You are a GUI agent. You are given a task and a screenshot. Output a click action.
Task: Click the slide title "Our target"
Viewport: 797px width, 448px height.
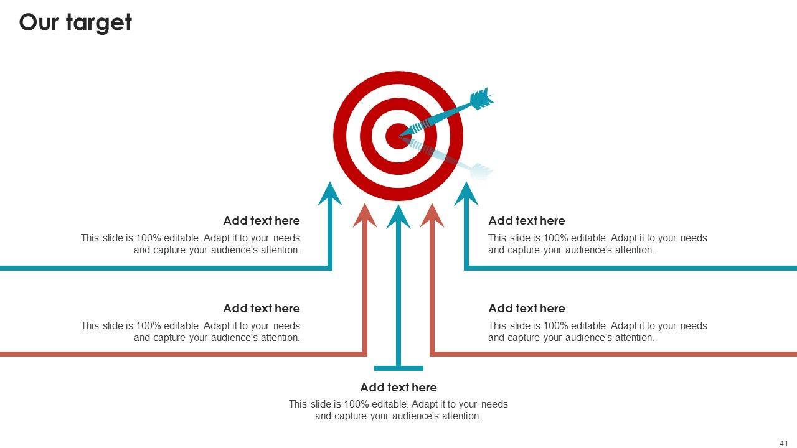click(x=75, y=22)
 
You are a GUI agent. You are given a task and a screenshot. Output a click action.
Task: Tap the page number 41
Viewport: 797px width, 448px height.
click(x=784, y=443)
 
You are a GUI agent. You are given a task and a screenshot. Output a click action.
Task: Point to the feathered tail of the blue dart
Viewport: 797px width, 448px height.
click(x=481, y=99)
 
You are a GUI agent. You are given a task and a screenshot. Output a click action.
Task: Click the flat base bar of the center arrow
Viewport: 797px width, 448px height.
click(x=398, y=368)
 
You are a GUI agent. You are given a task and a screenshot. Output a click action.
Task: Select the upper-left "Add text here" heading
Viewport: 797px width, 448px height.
click(x=262, y=221)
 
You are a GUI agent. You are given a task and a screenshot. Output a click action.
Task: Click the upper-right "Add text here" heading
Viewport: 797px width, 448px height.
click(x=527, y=221)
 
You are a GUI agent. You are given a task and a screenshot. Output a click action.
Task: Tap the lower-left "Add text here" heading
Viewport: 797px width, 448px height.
click(x=262, y=309)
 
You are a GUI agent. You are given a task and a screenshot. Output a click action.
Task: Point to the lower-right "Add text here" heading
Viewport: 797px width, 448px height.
click(x=527, y=309)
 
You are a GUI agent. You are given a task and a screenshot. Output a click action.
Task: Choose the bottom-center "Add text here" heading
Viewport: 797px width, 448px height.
click(x=398, y=388)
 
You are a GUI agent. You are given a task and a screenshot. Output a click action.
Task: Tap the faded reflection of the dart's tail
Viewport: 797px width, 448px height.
click(x=481, y=169)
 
